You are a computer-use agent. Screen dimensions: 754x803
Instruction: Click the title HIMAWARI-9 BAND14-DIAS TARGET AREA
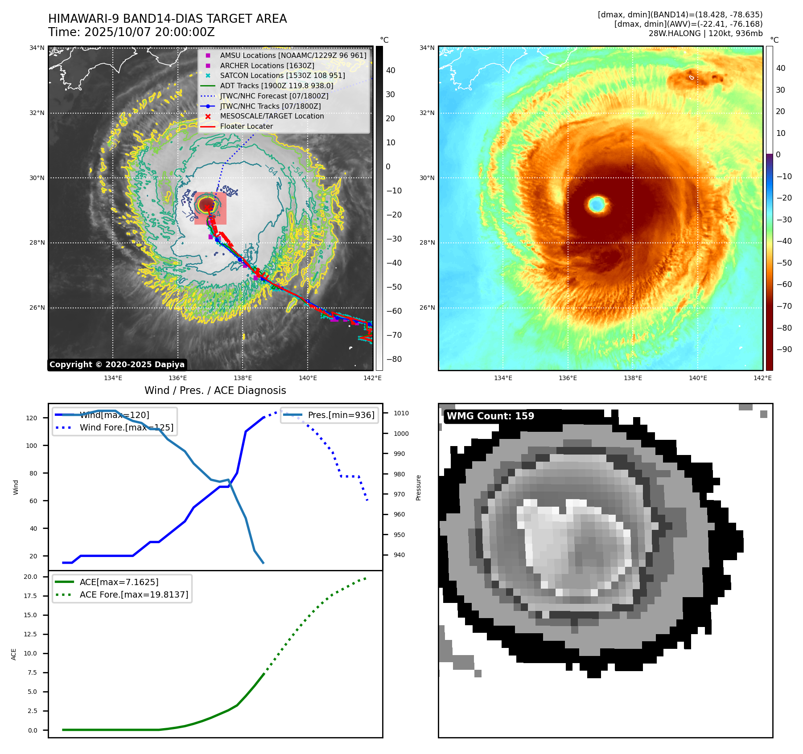pos(167,19)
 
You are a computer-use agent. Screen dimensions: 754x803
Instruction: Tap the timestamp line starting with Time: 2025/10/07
pos(132,32)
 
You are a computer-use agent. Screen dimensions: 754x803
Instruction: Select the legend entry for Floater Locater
pos(246,126)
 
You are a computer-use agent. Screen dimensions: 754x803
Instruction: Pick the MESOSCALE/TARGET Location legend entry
pos(272,116)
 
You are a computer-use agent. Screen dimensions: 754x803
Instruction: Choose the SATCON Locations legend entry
pos(282,75)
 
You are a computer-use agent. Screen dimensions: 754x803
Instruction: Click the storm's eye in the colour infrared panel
pos(597,205)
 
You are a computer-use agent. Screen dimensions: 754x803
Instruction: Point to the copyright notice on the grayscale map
pos(117,365)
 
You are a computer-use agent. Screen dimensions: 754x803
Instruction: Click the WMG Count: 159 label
pos(490,416)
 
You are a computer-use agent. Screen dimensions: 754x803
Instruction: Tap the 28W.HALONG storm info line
pos(705,33)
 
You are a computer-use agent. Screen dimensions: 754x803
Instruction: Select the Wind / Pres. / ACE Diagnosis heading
pos(215,390)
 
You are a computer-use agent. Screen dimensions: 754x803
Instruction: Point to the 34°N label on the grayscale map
pos(37,48)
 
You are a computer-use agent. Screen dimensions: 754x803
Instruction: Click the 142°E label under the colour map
pos(762,378)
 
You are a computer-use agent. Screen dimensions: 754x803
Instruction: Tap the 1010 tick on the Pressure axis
pos(401,413)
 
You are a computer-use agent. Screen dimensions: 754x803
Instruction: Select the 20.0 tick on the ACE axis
pos(30,577)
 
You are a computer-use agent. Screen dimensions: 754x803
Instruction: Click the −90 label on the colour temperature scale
pos(784,349)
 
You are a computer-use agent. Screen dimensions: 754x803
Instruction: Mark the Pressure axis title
pos(418,488)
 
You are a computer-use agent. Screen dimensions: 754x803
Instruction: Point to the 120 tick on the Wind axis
pos(32,418)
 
